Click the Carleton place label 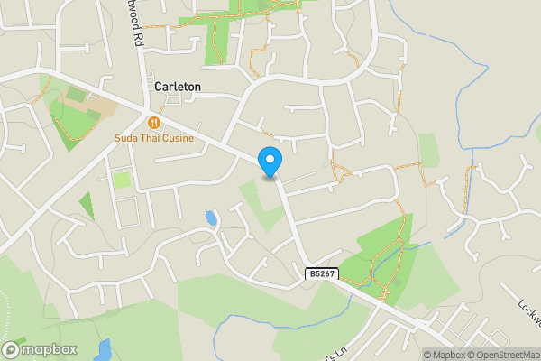point(178,87)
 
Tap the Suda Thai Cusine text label point(154,138)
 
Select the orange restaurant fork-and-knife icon point(154,122)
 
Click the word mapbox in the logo point(50,349)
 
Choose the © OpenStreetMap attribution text point(505,355)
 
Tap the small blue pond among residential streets point(211,218)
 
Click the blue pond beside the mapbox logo point(104,348)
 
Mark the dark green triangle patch point(87,206)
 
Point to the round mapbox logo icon point(12,349)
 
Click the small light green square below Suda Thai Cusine point(121,180)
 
